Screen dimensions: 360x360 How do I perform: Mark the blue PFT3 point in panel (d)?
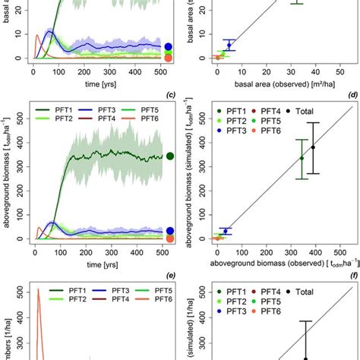pyautogui.click(x=226, y=231)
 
